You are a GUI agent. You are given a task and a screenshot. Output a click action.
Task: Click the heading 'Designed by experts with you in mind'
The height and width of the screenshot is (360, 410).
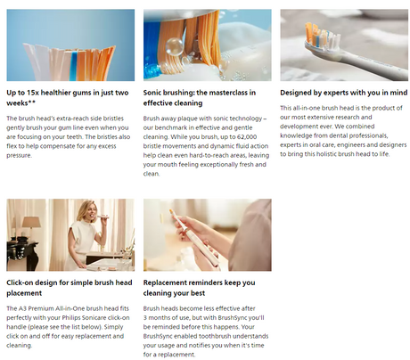344,93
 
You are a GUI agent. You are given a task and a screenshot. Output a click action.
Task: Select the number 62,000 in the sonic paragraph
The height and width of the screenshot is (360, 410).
247,137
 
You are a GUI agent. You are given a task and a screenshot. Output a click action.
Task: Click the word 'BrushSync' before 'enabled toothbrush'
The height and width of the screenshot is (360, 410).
158,336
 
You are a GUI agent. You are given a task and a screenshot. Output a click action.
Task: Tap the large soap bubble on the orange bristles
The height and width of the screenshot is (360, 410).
174,47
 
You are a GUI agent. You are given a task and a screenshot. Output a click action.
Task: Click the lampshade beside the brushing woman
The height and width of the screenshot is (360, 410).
31,222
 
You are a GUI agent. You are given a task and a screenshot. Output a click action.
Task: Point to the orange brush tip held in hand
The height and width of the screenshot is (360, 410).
172,212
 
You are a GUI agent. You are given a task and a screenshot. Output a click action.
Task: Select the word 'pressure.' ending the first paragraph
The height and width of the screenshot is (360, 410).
19,156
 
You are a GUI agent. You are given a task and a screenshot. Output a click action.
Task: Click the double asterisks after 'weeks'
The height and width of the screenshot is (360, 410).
32,102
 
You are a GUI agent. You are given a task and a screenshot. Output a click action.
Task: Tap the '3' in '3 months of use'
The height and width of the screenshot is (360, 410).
145,318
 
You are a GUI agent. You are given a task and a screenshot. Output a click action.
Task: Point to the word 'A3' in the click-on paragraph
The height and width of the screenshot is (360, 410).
22,308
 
